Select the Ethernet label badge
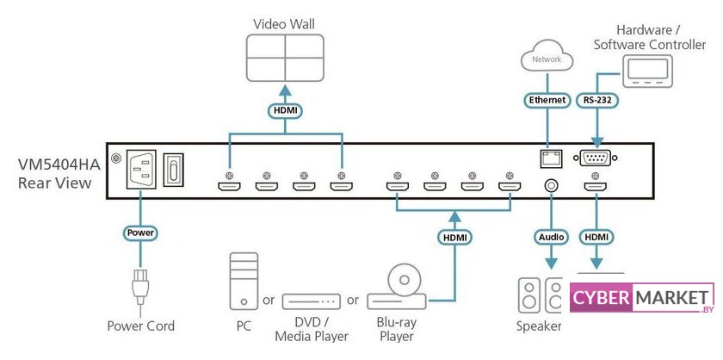[x=547, y=100]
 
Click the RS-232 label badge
[x=596, y=100]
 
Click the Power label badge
[x=140, y=232]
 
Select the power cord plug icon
[x=140, y=289]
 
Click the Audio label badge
[x=548, y=236]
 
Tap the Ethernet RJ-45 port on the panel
[x=547, y=158]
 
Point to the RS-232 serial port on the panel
[x=596, y=158]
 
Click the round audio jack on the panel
[x=548, y=183]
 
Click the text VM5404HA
[x=55, y=163]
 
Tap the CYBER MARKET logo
[x=642, y=298]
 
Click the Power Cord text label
[x=140, y=326]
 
